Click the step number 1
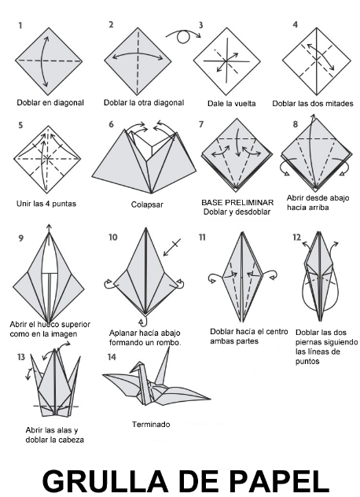[20, 25]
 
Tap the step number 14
[112, 357]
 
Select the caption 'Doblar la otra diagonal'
[144, 103]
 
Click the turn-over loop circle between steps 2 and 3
[183, 37]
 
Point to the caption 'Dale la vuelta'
[231, 103]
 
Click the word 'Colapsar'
[147, 204]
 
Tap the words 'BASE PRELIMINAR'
[237, 202]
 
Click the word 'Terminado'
[151, 424]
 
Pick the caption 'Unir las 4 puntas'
[46, 204]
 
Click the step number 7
[201, 124]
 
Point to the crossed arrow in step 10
[172, 247]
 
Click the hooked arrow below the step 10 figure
[144, 320]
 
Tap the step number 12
[296, 237]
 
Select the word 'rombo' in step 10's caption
[168, 343]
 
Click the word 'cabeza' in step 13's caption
[73, 440]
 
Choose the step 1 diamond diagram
[49, 61]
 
